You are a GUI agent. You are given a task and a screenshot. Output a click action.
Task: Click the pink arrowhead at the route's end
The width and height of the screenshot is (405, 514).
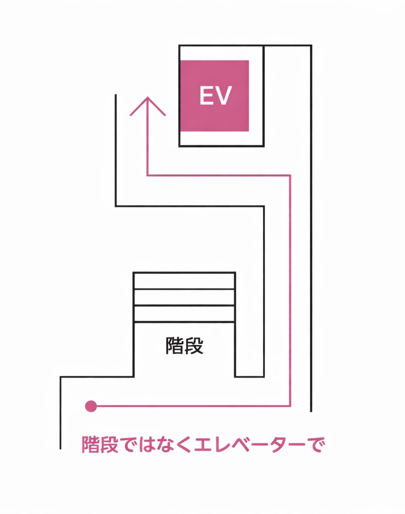coord(147,103)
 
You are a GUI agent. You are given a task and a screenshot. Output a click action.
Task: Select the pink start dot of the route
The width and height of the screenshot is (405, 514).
coord(91,406)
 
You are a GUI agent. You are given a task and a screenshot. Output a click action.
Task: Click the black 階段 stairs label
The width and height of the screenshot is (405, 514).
coord(184,346)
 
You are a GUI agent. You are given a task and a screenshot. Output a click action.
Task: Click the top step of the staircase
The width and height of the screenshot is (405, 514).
coord(184,281)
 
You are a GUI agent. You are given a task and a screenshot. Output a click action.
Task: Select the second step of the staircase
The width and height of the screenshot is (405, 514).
coord(184,297)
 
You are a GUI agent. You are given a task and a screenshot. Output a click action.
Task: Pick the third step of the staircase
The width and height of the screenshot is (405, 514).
coord(184,314)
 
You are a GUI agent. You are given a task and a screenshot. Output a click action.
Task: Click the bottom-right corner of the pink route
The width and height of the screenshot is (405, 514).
coord(290,405)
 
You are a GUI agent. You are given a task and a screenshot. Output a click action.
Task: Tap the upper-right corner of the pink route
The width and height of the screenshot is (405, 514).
coord(290,175)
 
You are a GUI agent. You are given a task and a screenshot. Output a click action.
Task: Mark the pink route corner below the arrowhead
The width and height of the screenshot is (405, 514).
coord(147,175)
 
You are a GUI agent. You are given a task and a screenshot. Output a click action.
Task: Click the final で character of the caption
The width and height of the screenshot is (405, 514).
coord(314,445)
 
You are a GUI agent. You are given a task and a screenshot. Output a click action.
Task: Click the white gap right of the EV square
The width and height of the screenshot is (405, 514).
coord(256,95)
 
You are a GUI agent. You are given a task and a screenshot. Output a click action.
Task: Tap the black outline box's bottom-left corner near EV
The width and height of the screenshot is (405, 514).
coord(179,146)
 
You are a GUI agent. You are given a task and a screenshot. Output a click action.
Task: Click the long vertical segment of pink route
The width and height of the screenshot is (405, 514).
coord(290,291)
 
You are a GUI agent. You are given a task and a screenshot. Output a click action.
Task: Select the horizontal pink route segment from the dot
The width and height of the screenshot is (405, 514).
coord(191,405)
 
